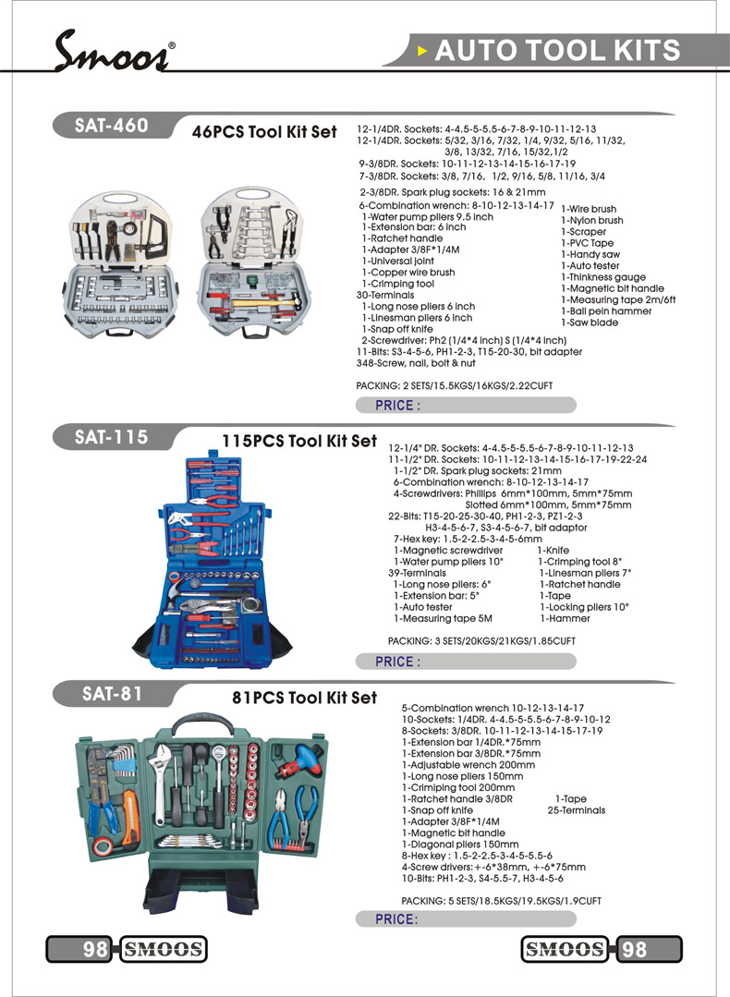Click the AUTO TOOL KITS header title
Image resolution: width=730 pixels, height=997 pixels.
[x=556, y=50]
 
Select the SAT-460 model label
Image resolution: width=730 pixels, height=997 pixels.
[x=112, y=126]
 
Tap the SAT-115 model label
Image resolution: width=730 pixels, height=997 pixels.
[x=112, y=436]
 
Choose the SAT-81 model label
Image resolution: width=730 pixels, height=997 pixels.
[x=111, y=693]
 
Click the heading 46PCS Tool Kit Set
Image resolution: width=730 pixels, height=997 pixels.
[x=264, y=132]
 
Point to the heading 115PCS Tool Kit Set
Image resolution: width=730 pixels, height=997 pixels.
[x=299, y=441]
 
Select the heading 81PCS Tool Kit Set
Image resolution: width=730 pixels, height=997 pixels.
[x=304, y=698]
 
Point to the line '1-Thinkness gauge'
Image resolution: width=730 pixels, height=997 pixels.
[x=603, y=277]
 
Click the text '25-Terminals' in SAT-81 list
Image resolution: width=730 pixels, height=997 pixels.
[x=577, y=810]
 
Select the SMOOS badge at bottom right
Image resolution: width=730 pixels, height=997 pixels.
[x=565, y=949]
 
